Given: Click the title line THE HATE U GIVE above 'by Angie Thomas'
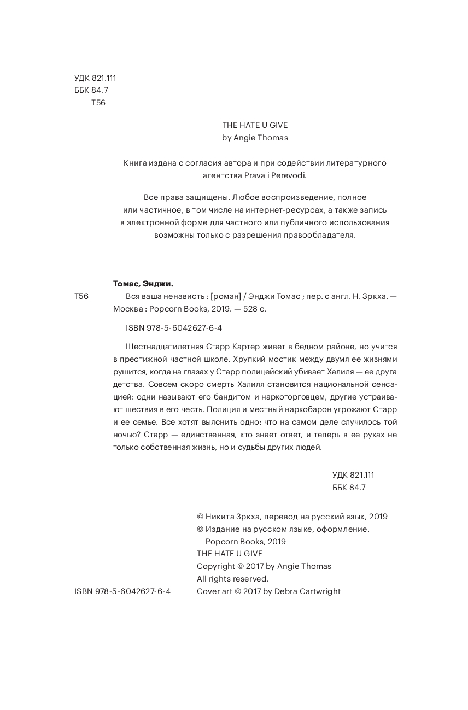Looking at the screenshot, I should click(x=255, y=125).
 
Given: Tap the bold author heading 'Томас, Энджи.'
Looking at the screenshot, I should click(x=143, y=284).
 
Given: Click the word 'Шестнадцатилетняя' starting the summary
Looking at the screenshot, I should click(x=165, y=347).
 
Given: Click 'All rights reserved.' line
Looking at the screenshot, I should click(x=232, y=578).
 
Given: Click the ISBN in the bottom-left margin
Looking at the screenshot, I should click(x=122, y=591).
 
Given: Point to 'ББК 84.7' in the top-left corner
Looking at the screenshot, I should click(x=91, y=90).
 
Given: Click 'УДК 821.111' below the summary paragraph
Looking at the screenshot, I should click(x=353, y=475).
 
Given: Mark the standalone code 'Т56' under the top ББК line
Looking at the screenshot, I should click(x=98, y=103).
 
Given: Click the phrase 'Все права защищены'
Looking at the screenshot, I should click(x=184, y=197).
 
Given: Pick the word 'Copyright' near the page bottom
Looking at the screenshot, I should click(x=215, y=566).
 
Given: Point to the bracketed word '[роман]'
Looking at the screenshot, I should click(x=226, y=296).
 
